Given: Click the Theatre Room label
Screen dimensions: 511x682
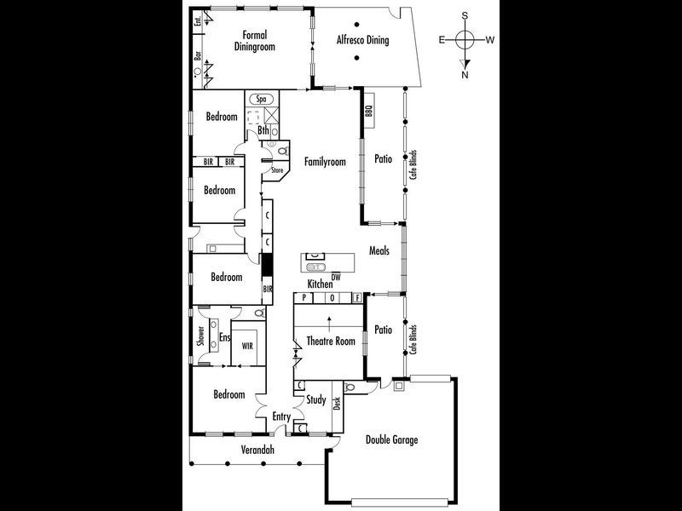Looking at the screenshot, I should (x=332, y=342).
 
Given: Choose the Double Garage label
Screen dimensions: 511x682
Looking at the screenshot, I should (x=391, y=439).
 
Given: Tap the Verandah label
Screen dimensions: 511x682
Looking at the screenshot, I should (x=256, y=449).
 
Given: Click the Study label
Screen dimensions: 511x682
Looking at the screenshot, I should (x=315, y=399).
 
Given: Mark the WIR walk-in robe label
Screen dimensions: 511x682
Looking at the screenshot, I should (x=247, y=347).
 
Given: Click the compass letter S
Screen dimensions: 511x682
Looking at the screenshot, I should (x=465, y=15).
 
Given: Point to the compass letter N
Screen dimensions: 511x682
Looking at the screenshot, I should (x=465, y=75).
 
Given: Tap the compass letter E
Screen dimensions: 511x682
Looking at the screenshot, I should (x=442, y=39).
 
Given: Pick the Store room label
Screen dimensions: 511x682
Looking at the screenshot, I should (x=277, y=170).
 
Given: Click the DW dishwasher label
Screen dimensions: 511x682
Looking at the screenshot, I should (x=336, y=277).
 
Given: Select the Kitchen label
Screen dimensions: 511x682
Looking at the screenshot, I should (x=320, y=284).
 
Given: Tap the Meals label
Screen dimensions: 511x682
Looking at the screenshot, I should (x=379, y=251).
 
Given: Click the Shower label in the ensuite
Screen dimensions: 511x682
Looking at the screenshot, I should (x=200, y=337).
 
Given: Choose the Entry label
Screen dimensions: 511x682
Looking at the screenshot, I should (x=281, y=416).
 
